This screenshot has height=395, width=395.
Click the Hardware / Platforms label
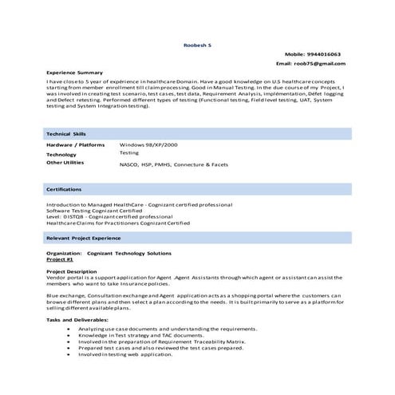click(76, 144)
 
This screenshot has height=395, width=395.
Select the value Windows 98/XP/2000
click(148, 144)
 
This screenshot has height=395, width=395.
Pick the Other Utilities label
click(65, 162)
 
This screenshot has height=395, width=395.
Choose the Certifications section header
click(65, 189)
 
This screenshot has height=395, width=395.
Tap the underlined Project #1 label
click(61, 260)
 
